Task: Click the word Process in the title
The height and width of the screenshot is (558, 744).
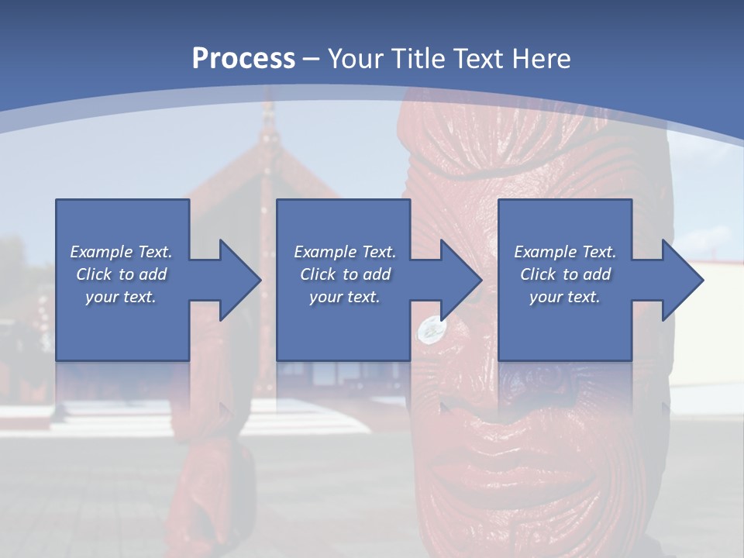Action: click(243, 59)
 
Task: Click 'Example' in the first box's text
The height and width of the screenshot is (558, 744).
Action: click(101, 252)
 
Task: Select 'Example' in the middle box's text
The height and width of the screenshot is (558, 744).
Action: click(325, 252)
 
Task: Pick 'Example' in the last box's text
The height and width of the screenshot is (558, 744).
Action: click(545, 252)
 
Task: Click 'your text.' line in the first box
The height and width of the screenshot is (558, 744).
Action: click(121, 297)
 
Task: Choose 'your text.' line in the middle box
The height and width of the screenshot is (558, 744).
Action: click(344, 297)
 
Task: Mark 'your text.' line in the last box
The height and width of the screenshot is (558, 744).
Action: click(564, 297)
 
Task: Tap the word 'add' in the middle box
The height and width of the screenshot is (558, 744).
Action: click(377, 274)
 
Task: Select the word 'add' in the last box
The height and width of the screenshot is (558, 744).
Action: click(597, 274)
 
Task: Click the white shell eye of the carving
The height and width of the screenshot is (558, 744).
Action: click(429, 329)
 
